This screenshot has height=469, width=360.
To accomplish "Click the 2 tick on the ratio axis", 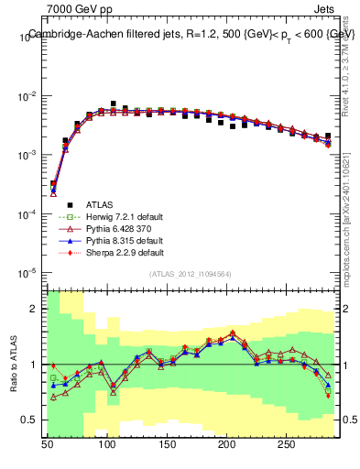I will click(x=36, y=309).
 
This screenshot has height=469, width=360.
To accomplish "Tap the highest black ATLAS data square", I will click(x=114, y=104).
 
